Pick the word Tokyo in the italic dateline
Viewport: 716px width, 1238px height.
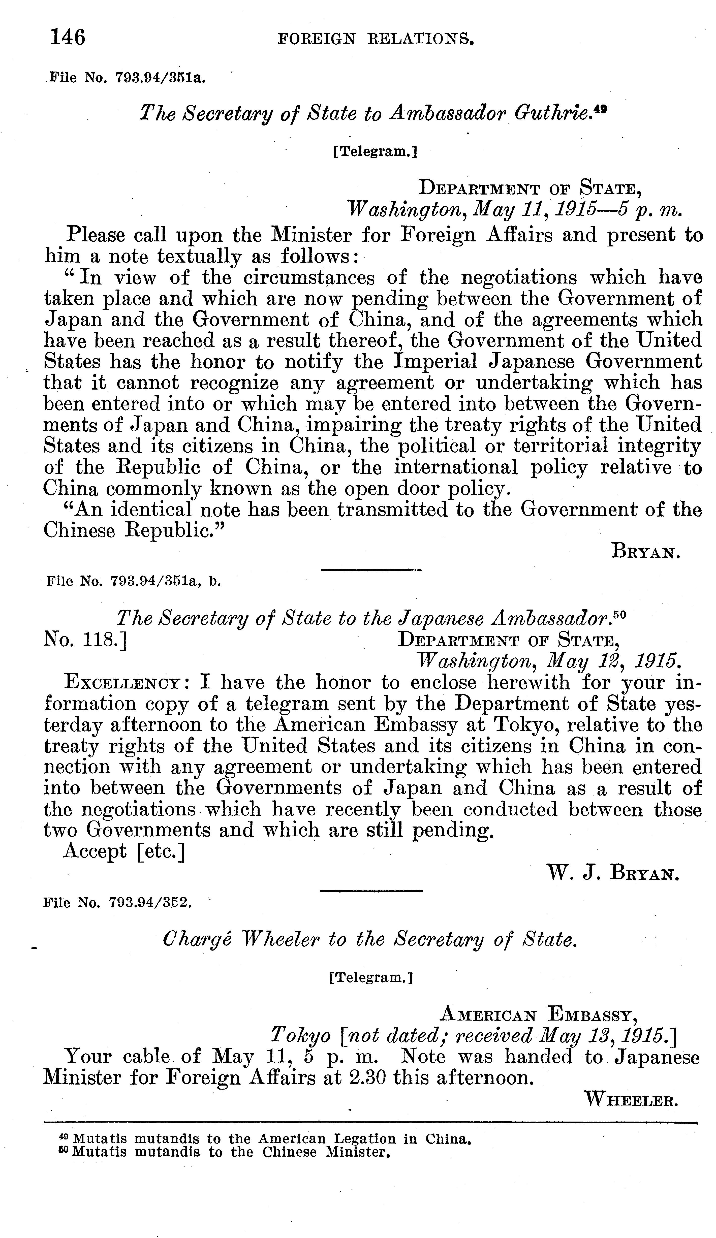[300, 1036]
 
